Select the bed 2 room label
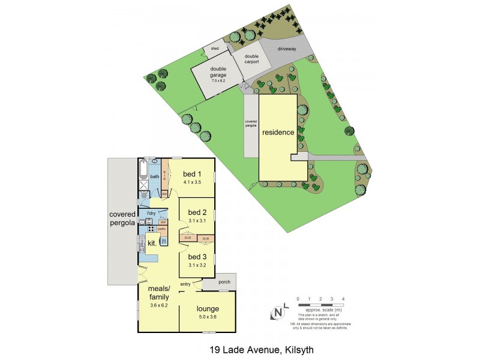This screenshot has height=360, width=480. coord(197,212)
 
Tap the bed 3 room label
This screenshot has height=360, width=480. coord(197,257)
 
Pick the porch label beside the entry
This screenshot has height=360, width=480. coord(225,281)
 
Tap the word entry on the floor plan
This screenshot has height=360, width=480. coord(186,285)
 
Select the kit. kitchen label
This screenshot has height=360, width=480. coord(152,244)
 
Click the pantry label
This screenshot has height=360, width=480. coord(161,229)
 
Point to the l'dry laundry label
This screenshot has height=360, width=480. coord(152,214)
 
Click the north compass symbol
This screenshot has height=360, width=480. coord(278,312)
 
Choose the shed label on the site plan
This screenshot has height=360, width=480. coord(214,48)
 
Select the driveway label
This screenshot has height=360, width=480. coord(287,49)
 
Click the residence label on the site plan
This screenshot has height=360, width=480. coord(278,132)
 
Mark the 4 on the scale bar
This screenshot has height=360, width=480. coord(343,298)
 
